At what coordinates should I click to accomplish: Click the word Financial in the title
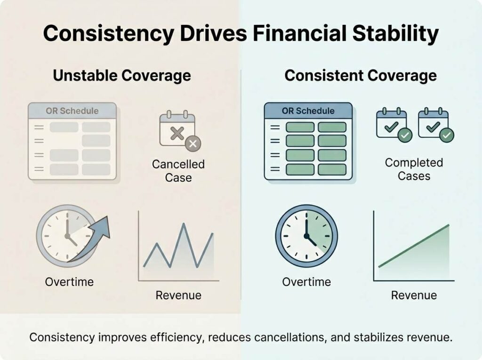(x=300, y=33)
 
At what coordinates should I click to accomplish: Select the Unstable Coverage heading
(x=122, y=76)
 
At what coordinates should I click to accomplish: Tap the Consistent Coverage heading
(x=361, y=76)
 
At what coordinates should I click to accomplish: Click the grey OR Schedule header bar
(x=72, y=111)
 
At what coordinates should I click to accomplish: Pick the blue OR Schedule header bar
(x=308, y=111)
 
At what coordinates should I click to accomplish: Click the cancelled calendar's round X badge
(x=193, y=144)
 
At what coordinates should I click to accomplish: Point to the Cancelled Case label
(x=178, y=171)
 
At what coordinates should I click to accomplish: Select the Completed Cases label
(x=414, y=169)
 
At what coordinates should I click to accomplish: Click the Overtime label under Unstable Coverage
(x=70, y=282)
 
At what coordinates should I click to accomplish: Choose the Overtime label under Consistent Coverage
(x=306, y=282)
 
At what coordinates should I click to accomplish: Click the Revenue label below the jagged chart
(x=178, y=295)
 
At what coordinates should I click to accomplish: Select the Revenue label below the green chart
(x=414, y=295)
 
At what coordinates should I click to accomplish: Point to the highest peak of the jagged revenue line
(x=184, y=224)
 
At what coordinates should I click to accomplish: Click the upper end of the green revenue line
(x=449, y=226)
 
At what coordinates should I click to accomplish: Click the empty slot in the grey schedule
(x=64, y=141)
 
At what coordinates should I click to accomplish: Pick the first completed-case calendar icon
(x=394, y=125)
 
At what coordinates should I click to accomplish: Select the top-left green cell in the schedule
(x=300, y=127)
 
